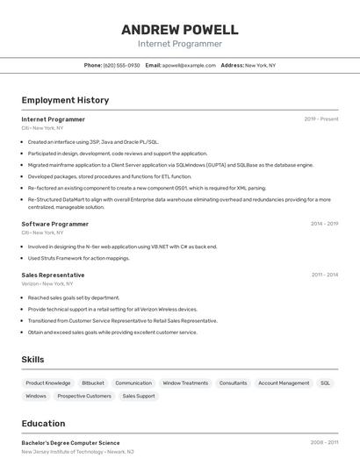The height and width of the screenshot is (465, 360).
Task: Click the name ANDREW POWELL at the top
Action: tap(179, 30)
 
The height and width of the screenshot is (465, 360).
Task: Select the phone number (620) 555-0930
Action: tap(121, 66)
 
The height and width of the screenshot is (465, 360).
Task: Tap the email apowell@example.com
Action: tap(189, 66)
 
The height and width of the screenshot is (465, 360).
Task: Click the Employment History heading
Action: tap(65, 101)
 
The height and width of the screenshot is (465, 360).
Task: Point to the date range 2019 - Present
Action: tap(320, 119)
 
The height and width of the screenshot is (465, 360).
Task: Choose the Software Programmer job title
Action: tap(55, 224)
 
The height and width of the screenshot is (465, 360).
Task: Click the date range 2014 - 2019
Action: tap(324, 224)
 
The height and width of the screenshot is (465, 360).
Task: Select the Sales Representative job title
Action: tap(54, 275)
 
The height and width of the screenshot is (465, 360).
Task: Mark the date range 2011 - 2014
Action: tap(324, 275)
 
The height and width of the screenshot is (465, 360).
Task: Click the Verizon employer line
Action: tap(47, 284)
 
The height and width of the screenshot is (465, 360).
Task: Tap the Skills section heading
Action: tap(33, 360)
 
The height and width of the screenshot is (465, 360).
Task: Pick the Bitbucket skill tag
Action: tap(93, 383)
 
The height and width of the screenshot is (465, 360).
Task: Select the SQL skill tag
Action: tap(325, 383)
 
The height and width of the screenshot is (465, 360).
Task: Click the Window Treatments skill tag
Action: tap(185, 383)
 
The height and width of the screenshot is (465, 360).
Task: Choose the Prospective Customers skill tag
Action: tap(84, 397)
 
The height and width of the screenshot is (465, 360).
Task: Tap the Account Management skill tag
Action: tap(284, 383)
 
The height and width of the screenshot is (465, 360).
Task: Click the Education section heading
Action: tap(43, 423)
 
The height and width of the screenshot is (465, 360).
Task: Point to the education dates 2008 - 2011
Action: tap(324, 443)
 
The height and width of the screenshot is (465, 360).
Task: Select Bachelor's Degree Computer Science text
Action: tap(70, 443)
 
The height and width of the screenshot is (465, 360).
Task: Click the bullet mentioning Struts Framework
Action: tap(78, 258)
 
